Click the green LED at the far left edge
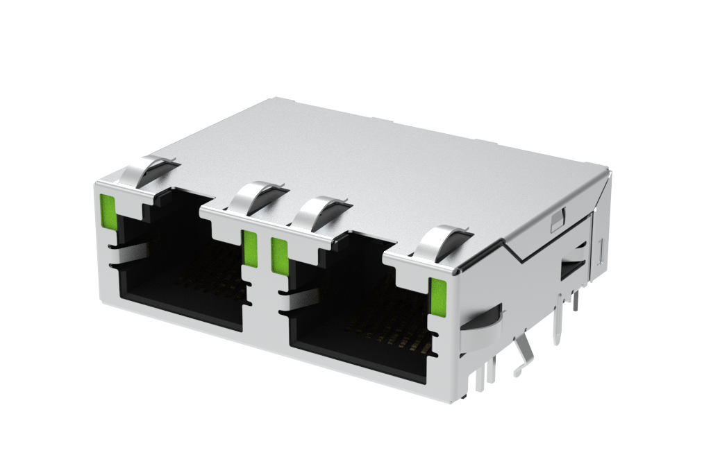[x=108, y=212]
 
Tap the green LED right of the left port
[x=250, y=248]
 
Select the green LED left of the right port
[x=278, y=256]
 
